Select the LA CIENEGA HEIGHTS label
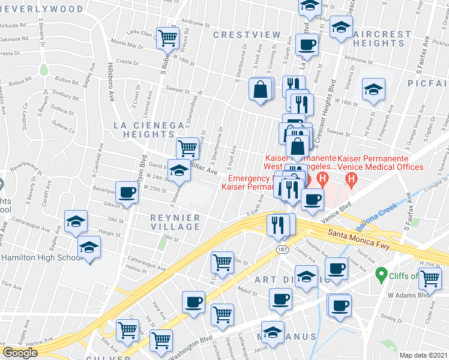point(148,129)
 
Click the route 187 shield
point(280,248)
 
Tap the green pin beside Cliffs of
point(380,275)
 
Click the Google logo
point(20,353)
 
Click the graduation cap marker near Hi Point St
point(373,89)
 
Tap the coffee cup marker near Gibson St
point(127,192)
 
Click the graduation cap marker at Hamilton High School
point(89,247)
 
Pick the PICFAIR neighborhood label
point(428,82)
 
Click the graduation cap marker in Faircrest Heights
point(341,27)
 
